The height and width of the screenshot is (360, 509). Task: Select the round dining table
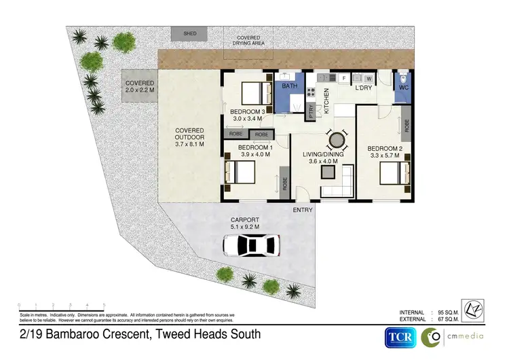[336, 141]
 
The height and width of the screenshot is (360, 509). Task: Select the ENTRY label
[303, 210]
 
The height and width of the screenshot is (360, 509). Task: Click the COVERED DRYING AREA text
[248, 40]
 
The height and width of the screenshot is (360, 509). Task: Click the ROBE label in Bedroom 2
[407, 125]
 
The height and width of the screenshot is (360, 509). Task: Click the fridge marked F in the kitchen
[343, 79]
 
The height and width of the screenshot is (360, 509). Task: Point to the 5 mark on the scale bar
[104, 304]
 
